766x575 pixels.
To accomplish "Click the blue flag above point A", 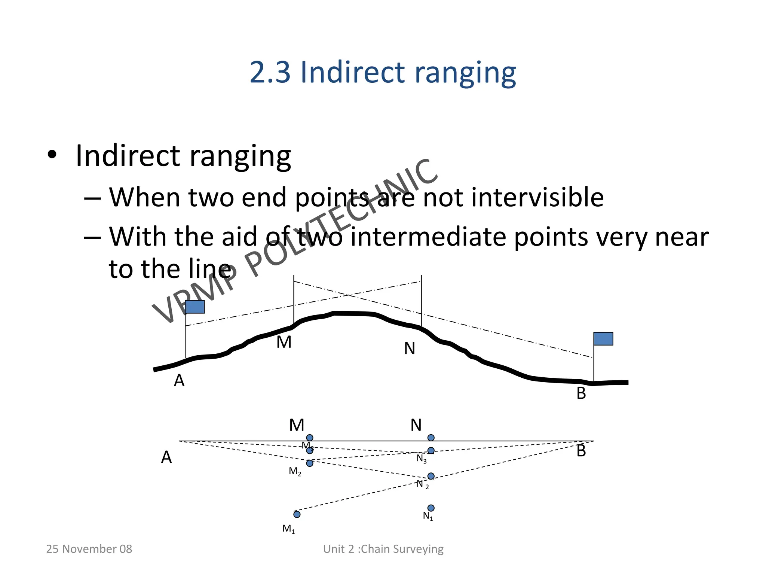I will [x=195, y=307].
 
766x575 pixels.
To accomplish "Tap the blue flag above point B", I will [x=603, y=338].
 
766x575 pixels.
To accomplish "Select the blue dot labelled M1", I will [x=297, y=514].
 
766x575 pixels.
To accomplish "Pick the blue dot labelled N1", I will [x=431, y=508].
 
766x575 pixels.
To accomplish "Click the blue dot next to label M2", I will [x=310, y=463].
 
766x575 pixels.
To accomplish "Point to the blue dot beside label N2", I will [x=431, y=476].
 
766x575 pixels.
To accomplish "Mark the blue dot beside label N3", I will [x=431, y=450].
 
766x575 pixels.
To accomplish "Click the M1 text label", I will [x=289, y=529].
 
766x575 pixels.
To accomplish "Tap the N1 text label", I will [x=428, y=516].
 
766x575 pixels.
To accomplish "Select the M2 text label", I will [x=295, y=472].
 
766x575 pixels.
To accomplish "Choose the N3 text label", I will [x=422, y=459].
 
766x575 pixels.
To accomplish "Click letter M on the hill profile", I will [x=284, y=342].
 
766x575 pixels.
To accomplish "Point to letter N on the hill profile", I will [x=410, y=349].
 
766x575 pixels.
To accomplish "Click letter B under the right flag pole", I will [x=581, y=393].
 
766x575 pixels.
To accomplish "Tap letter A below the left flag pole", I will [x=179, y=381].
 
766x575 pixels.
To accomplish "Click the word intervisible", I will [x=537, y=197].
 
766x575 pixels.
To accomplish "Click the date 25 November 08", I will [x=89, y=549].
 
